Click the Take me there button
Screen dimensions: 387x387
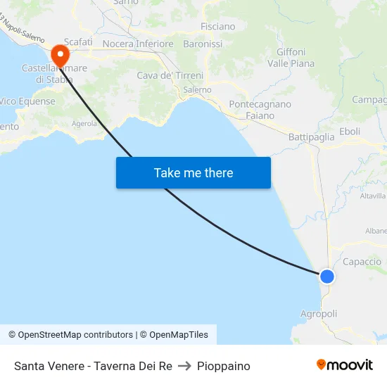tap(193, 172)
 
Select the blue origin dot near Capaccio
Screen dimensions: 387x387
tap(327, 277)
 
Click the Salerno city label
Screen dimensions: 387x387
tap(197, 90)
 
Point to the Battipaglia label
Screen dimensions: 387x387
tap(312, 137)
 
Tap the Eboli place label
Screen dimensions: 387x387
tap(350, 132)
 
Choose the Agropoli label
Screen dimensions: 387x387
tap(319, 314)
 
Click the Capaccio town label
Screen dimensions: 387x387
tap(362, 262)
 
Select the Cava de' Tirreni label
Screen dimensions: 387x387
tap(170, 75)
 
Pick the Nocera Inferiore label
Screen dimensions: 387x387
tap(138, 44)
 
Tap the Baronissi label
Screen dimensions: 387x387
tap(203, 44)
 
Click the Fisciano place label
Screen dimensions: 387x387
tap(218, 26)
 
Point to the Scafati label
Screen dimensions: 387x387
tap(78, 42)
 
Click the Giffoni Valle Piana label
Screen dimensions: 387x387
tap(291, 58)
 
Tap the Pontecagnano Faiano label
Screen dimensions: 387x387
tap(260, 110)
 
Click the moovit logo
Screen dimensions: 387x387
tap(345, 364)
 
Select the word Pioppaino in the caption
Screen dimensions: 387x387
tap(224, 366)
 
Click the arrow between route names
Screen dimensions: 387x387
tap(184, 366)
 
